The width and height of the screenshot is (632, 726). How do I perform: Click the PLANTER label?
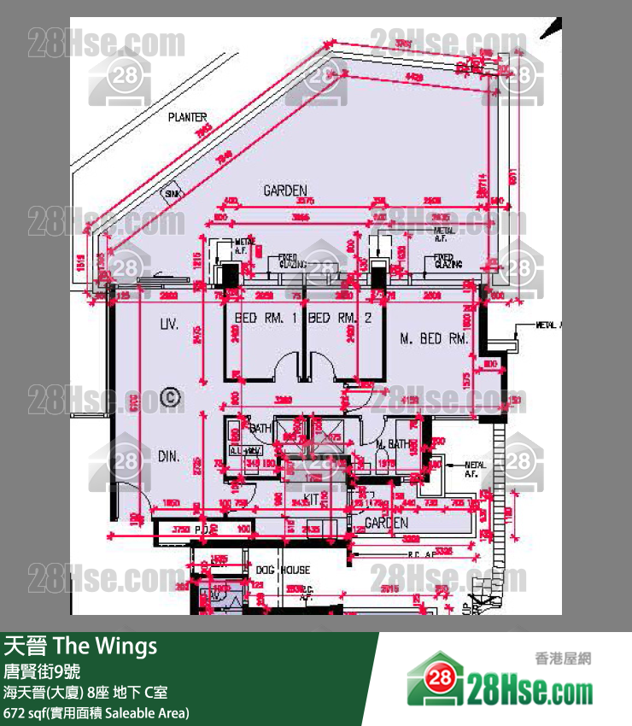[x=187, y=117]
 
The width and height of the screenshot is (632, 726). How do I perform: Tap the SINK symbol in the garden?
[x=173, y=196]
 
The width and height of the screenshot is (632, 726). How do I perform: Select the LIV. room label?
[x=167, y=325]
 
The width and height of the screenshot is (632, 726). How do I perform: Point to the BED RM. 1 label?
[x=265, y=318]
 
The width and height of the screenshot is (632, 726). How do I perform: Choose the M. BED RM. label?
[x=435, y=339]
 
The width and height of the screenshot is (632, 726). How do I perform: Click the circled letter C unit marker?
[x=170, y=396]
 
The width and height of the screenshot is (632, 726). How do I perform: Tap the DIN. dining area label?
[x=168, y=457]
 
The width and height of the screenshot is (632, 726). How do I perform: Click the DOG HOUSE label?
[x=283, y=570]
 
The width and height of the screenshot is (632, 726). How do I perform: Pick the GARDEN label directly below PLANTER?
[x=284, y=190]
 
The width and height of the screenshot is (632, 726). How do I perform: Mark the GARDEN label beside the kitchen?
[x=386, y=522]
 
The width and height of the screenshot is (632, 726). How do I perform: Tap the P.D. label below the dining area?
[x=203, y=530]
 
